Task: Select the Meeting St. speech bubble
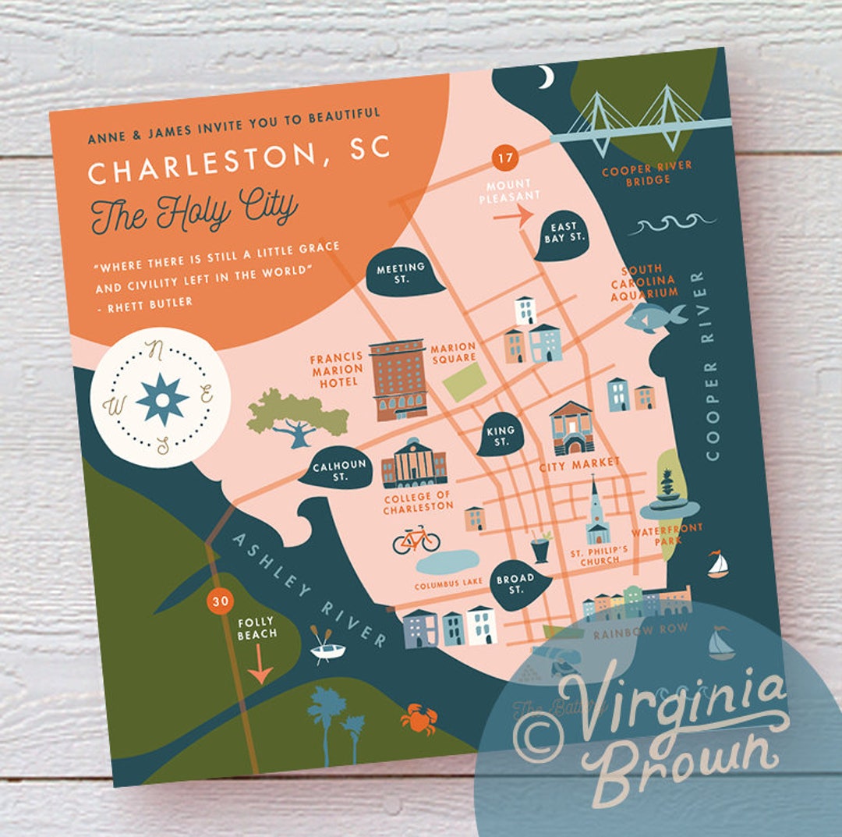pyautogui.click(x=401, y=272)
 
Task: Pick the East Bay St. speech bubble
pyautogui.click(x=564, y=232)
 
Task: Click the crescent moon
pyautogui.click(x=547, y=77)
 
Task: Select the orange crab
pyautogui.click(x=419, y=718)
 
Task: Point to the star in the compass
pyautogui.click(x=162, y=399)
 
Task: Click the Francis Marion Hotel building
pyautogui.click(x=398, y=379)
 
